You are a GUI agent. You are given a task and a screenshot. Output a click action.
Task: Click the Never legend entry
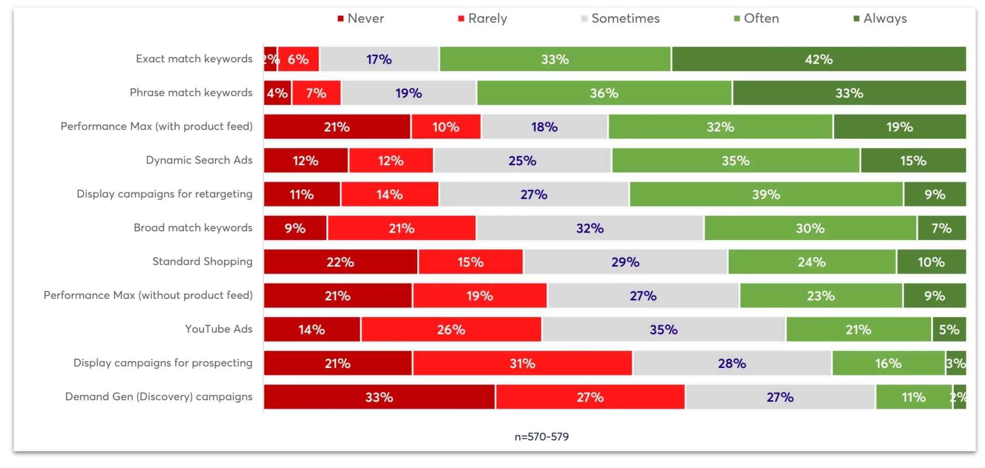361,19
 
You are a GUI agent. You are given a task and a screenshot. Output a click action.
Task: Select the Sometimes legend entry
620,19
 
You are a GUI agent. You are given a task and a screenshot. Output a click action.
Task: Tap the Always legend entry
880,19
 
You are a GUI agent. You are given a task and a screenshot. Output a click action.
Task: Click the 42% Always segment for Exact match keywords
819,59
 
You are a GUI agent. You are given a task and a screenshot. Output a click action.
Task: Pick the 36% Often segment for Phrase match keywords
604,93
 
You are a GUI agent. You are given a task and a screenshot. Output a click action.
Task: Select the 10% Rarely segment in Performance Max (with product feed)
446,127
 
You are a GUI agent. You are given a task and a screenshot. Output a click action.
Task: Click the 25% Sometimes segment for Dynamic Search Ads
522,161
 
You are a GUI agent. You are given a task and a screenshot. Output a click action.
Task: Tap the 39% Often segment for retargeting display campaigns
766,194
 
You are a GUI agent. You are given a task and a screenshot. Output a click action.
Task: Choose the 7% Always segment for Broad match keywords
942,228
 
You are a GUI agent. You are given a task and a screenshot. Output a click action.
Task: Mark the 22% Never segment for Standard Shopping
341,262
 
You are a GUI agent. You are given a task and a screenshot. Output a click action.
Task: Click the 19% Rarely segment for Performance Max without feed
480,296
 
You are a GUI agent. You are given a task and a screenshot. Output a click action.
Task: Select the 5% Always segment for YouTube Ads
949,329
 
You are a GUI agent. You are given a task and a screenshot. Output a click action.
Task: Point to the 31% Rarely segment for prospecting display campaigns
522,363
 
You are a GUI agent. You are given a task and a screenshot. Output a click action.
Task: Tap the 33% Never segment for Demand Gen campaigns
379,397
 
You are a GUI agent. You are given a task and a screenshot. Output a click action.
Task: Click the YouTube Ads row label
219,329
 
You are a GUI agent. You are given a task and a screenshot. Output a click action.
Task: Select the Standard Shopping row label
202,262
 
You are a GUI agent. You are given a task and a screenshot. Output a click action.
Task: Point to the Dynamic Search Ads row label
199,160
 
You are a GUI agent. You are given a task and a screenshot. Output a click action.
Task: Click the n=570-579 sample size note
542,437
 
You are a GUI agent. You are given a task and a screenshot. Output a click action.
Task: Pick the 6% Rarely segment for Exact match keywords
298,59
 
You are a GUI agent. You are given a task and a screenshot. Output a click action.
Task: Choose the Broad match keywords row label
193,228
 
